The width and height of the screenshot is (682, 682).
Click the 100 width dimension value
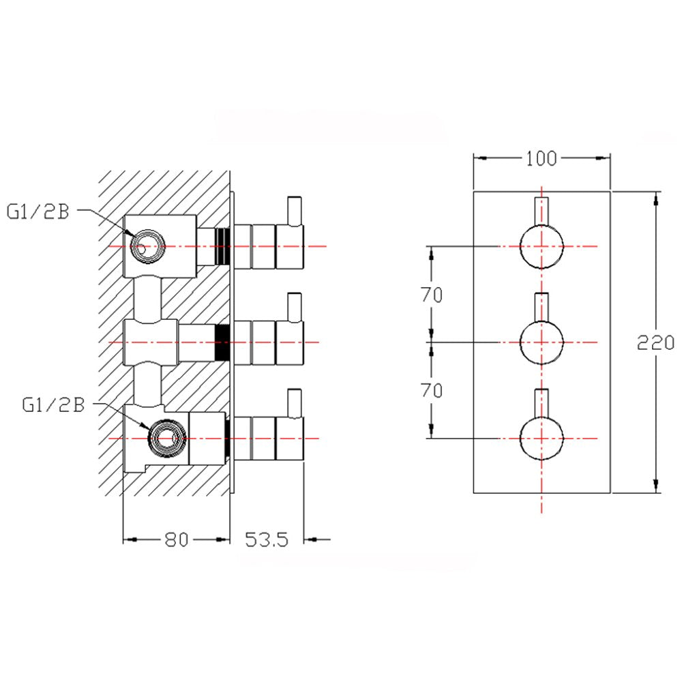pos(541,159)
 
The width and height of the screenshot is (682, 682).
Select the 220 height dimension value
pos(655,342)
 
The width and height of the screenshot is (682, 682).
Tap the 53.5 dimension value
pos(267,539)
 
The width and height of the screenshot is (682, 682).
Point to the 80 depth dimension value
pos(176,539)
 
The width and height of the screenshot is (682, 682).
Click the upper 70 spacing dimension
pos(431,295)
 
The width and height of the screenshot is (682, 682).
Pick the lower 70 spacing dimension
pos(431,391)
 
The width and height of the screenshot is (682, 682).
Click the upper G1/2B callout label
pos(38,211)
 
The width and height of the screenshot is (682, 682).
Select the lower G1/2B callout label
pos(53,405)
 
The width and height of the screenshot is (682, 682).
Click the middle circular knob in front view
pos(542,342)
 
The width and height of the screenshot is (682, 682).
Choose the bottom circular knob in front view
pos(542,438)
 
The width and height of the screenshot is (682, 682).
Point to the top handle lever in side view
pos(295,211)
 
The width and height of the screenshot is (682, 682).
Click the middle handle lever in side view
pos(295,307)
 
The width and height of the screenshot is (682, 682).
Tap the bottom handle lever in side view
pos(295,403)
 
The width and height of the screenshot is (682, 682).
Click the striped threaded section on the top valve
pos(222,246)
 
